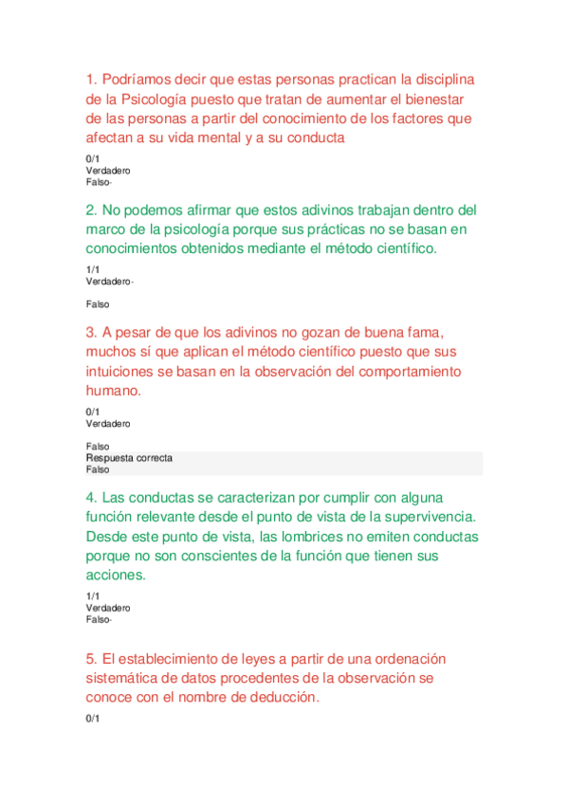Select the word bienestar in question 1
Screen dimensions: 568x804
click(436, 99)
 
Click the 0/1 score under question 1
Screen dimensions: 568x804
click(92, 159)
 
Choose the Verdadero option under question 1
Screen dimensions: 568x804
click(108, 171)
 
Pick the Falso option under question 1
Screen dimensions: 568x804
click(98, 182)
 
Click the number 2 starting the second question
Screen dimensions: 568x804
click(89, 210)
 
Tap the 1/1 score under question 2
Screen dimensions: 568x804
click(92, 270)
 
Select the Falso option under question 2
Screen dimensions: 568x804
click(98, 304)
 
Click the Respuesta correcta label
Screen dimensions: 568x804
click(129, 458)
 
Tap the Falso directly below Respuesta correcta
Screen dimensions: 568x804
click(98, 469)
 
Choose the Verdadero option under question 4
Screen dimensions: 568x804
click(108, 608)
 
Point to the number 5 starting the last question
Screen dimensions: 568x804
click(89, 658)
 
